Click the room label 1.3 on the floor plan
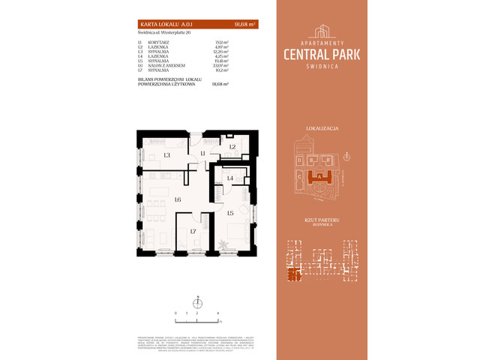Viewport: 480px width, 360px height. pos(166,155)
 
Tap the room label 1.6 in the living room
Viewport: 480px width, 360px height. pos(178,199)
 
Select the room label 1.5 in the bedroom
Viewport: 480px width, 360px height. pos(230,214)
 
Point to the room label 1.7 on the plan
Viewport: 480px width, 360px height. pos(193,232)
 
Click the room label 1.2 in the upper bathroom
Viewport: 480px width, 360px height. pos(232,147)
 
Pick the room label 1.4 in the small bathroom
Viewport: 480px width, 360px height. pos(231,178)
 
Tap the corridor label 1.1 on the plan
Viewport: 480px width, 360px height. pos(202,154)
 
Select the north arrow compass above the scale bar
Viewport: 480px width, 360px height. pos(197,302)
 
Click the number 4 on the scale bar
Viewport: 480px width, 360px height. pos(217,310)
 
